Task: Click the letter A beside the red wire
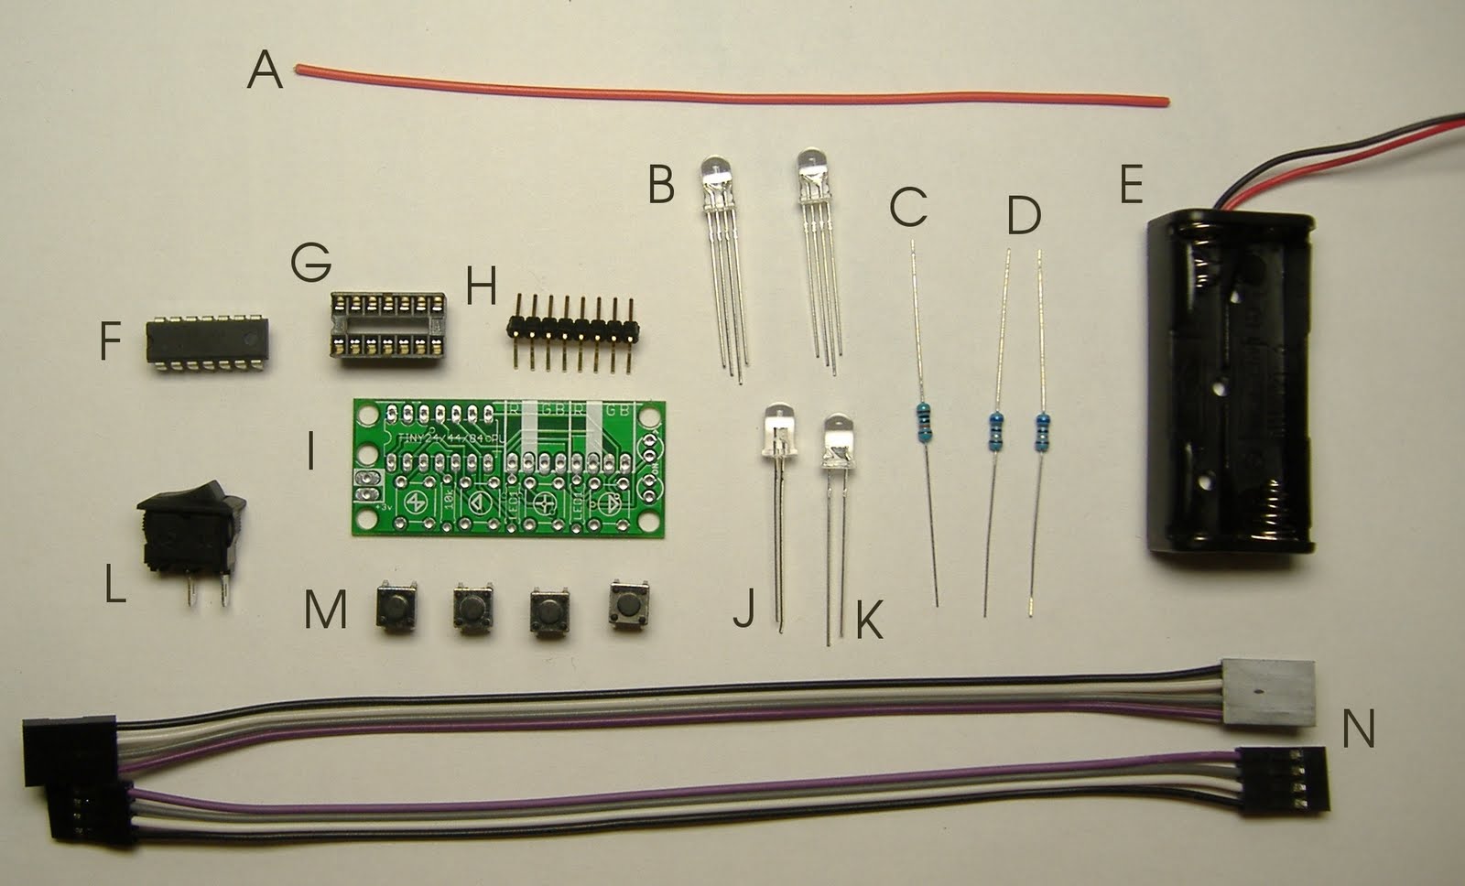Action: click(265, 70)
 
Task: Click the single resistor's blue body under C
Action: click(922, 426)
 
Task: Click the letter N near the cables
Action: click(1358, 729)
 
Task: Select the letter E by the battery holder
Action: click(1131, 185)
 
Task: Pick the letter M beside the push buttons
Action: click(325, 610)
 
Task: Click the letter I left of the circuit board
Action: click(311, 452)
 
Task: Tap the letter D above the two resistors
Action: click(1024, 216)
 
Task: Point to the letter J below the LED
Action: click(743, 608)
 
